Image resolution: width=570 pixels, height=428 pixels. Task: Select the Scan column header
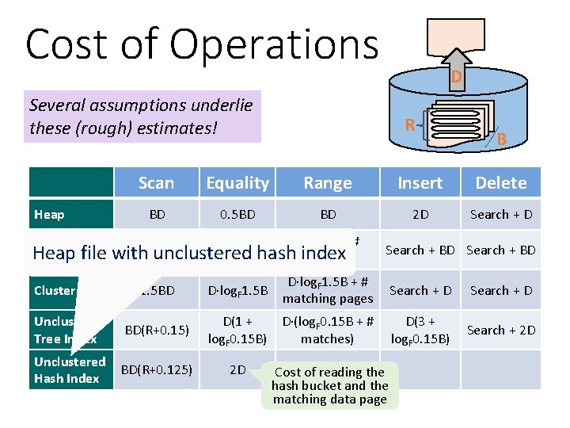tap(156, 183)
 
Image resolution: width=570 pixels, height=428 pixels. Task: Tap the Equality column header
tap(237, 183)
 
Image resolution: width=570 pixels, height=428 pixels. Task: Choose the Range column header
tap(328, 183)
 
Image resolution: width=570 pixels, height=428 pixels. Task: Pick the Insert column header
tap(420, 183)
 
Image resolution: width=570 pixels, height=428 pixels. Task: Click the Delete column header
tap(501, 183)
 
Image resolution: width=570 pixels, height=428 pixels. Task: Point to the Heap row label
tap(50, 214)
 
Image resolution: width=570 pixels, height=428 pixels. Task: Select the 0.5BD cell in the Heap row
tap(237, 214)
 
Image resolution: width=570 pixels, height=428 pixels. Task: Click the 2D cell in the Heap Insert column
tap(420, 214)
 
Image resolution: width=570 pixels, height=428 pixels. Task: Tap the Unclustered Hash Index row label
tap(70, 370)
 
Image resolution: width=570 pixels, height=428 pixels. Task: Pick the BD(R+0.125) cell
tap(155, 369)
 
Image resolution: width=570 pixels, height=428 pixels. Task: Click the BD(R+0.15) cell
tap(155, 330)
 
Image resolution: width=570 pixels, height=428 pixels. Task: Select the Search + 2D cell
tap(501, 330)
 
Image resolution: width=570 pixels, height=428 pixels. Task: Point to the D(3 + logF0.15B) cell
tap(420, 330)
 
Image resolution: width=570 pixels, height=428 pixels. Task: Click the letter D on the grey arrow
tap(456, 77)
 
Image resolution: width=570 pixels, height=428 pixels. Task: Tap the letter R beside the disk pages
tap(410, 124)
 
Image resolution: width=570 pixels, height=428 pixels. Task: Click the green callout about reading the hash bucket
tap(329, 386)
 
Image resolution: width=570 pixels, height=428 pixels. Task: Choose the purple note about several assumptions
tap(142, 116)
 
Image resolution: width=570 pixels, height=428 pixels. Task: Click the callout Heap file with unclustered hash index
tap(190, 253)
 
